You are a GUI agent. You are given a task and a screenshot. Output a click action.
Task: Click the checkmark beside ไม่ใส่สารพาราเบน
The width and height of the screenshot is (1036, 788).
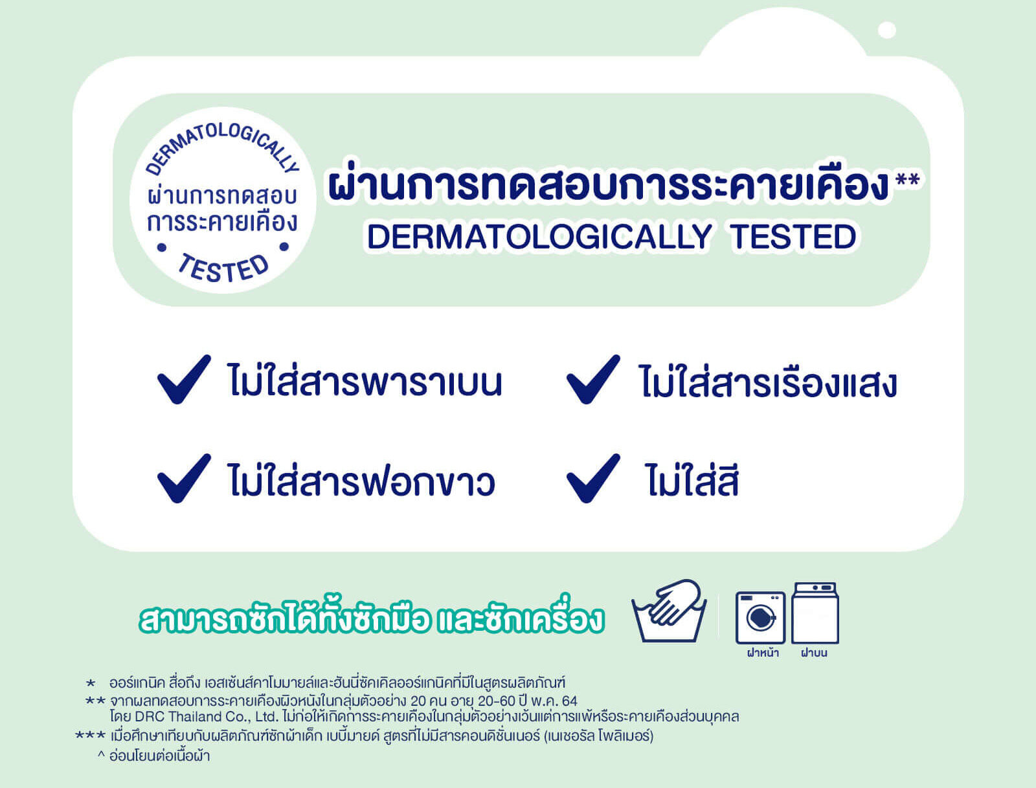point(183,380)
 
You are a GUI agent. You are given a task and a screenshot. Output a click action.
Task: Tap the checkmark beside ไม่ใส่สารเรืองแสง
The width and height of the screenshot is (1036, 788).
point(592,380)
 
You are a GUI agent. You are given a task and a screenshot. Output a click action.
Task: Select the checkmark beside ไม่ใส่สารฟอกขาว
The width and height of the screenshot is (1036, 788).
point(183,479)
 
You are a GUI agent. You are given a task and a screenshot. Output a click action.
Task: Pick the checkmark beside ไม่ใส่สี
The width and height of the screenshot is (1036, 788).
point(592,479)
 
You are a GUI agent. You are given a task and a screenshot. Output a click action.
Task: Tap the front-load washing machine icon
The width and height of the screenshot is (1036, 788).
point(760,617)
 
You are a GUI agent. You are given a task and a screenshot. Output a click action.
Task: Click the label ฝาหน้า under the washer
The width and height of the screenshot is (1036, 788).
point(762,653)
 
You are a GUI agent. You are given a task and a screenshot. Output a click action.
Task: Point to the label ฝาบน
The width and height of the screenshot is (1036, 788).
point(814,653)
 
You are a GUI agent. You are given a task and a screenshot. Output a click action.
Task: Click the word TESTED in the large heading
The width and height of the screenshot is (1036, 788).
point(793,237)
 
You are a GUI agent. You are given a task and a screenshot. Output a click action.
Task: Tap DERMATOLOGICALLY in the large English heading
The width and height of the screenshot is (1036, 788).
point(539,237)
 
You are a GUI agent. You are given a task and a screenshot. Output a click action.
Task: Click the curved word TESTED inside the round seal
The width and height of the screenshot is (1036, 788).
point(223,268)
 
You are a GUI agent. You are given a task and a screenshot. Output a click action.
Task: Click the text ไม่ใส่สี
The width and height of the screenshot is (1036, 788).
point(692,482)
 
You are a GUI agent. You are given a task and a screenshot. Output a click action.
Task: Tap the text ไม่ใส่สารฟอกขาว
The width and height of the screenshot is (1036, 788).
point(361,482)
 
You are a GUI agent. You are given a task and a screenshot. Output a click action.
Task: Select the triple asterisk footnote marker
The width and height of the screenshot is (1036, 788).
point(90,736)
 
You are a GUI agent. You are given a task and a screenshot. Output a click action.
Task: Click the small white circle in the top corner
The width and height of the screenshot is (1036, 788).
point(886,30)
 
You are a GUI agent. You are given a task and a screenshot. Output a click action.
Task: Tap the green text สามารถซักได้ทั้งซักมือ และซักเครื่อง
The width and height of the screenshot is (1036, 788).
point(372,619)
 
